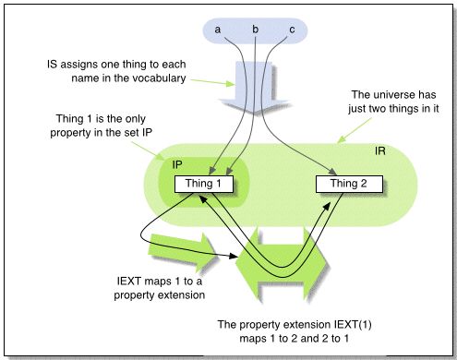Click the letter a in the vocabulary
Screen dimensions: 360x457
pos(218,30)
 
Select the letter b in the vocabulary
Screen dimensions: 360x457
pos(256,30)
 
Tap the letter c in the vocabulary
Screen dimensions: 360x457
pos(293,30)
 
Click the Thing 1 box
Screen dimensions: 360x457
pos(202,183)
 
